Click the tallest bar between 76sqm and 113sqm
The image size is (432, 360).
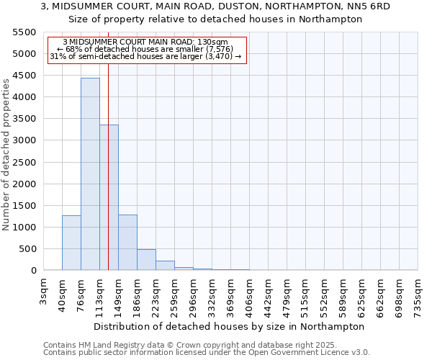[90, 174]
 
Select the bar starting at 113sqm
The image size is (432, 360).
[109, 197]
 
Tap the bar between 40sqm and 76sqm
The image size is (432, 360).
[71, 243]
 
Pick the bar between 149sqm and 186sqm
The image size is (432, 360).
[127, 243]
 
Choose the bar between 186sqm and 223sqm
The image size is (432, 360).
[146, 260]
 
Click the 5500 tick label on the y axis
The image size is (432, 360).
[24, 32]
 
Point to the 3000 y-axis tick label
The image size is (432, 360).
[24, 140]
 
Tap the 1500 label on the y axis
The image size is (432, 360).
[24, 206]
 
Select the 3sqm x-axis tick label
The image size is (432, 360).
[44, 289]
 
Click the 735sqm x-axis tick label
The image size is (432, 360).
[418, 293]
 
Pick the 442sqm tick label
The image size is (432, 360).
[268, 293]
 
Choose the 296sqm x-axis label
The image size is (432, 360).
[193, 293]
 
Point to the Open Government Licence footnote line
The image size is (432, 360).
[206, 353]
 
